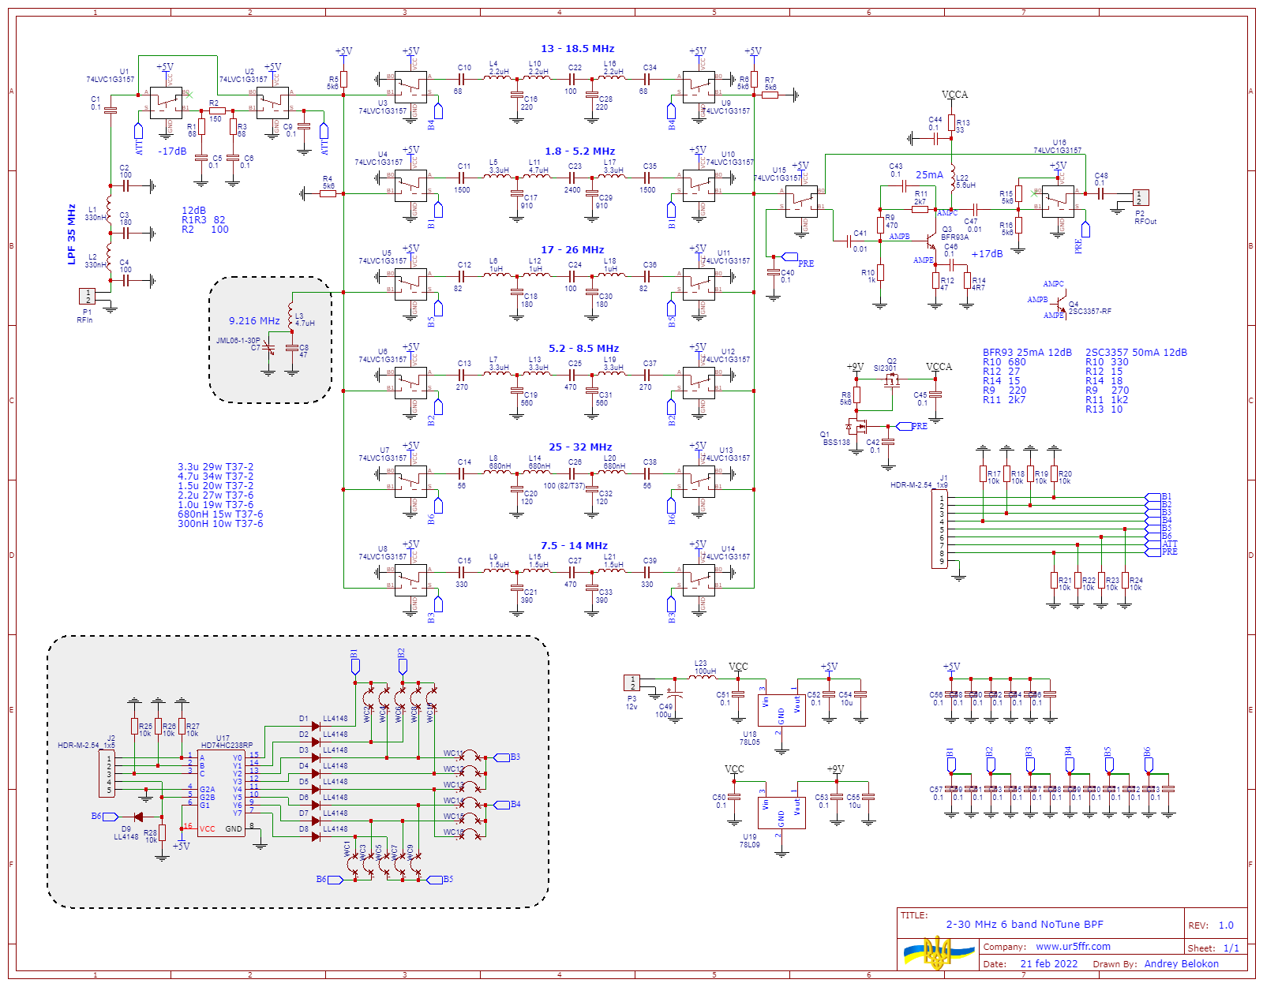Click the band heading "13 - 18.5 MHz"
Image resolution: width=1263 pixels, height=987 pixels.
click(x=577, y=49)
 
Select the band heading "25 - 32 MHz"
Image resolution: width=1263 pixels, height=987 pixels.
click(x=580, y=447)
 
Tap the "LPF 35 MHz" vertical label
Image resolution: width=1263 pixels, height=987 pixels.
click(x=72, y=234)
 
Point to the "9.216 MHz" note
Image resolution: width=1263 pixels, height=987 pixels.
click(x=254, y=321)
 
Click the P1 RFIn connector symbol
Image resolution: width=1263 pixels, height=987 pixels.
click(x=87, y=296)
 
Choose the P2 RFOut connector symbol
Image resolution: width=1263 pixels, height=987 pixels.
click(x=1141, y=197)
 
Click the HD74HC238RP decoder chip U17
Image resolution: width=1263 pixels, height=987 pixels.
click(x=221, y=792)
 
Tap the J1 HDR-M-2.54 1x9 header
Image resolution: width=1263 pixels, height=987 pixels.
click(x=940, y=529)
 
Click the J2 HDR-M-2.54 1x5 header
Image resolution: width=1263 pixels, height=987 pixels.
click(x=107, y=774)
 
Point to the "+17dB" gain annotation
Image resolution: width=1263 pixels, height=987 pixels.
click(x=987, y=254)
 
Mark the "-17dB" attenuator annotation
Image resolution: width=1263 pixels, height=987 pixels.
click(x=172, y=151)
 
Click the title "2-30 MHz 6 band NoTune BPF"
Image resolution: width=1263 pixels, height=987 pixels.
click(x=1025, y=925)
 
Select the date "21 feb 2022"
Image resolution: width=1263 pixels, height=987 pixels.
click(x=1048, y=964)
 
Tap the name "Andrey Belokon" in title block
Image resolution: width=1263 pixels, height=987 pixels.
click(x=1181, y=964)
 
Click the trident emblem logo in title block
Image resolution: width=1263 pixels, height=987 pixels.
click(x=938, y=953)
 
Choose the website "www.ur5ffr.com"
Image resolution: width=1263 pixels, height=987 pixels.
click(x=1073, y=947)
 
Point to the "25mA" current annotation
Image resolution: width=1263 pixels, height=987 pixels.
click(x=929, y=175)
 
